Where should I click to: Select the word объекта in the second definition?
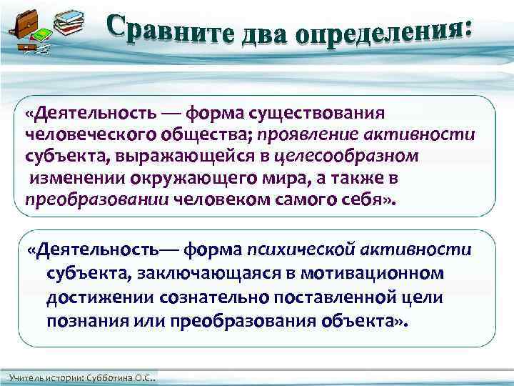pyautogui.click(x=361, y=319)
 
